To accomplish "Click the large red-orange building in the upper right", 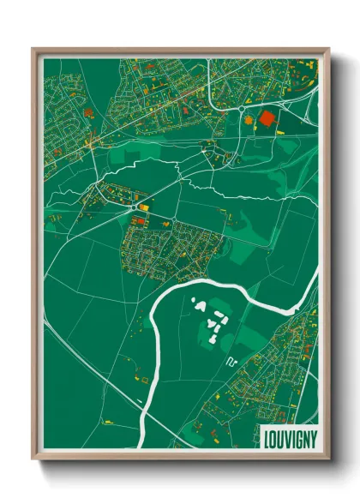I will click(x=267, y=119).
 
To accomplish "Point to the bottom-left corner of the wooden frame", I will click(x=33, y=459).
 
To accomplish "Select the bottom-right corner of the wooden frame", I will click(x=328, y=459).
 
